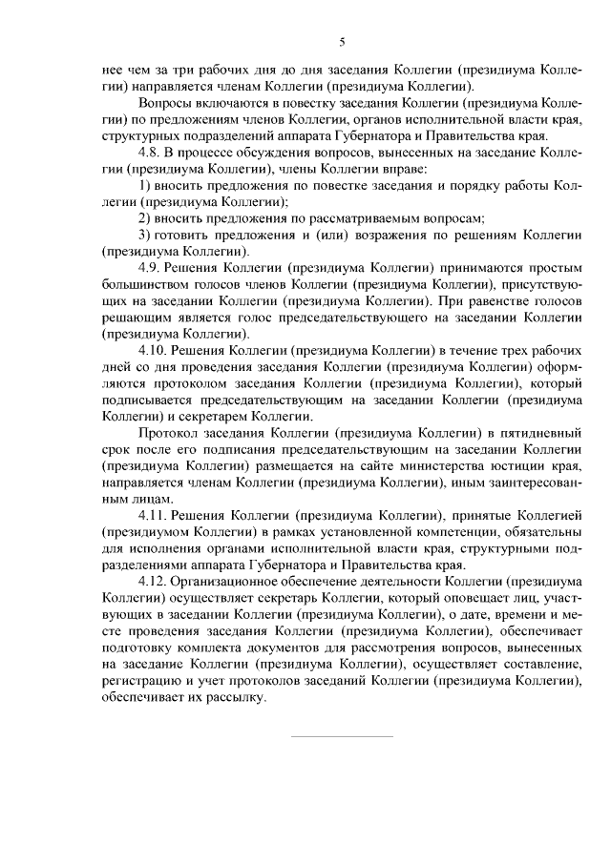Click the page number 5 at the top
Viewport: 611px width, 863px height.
pos(342,41)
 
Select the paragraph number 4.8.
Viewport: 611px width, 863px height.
pos(150,152)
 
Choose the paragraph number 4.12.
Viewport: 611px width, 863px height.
pos(153,579)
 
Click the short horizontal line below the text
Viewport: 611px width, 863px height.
pos(341,735)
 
